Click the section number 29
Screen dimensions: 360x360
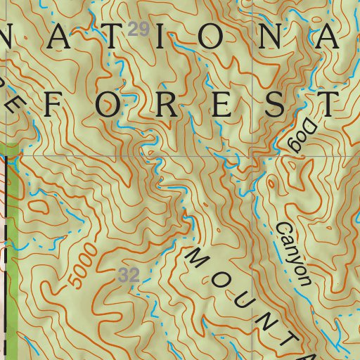(141, 30)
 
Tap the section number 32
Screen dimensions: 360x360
(129, 275)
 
